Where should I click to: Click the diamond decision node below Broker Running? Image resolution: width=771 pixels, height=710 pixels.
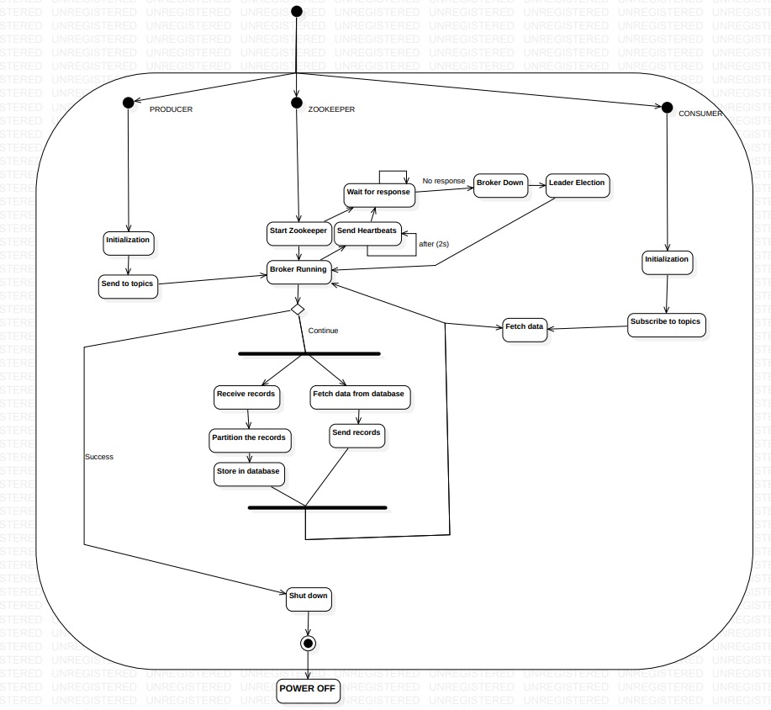[x=297, y=310]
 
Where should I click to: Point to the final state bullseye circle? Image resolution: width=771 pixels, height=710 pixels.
[x=308, y=644]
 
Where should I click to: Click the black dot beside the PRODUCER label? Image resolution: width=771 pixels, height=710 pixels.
[x=128, y=103]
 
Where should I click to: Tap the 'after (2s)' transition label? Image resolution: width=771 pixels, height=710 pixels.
[x=434, y=244]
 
